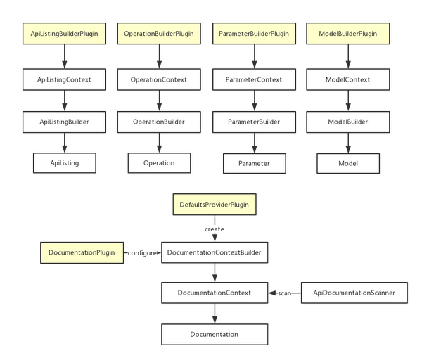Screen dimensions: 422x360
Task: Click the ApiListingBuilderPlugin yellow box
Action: point(64,34)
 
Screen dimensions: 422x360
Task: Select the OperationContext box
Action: point(159,79)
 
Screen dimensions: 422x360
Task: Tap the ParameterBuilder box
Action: point(255,122)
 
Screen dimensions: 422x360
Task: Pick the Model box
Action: point(348,163)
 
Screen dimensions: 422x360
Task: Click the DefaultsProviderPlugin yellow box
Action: point(215,205)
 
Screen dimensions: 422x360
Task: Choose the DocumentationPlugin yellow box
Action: point(82,252)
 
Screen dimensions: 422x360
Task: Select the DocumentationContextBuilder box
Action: point(215,252)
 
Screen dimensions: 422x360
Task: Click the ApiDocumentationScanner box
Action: point(354,292)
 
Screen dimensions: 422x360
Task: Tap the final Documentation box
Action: point(215,335)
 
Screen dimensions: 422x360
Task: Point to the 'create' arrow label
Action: point(215,229)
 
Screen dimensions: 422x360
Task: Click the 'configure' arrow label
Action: point(142,253)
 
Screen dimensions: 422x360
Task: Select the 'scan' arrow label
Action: point(284,293)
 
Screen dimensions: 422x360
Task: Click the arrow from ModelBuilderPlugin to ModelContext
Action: point(348,56)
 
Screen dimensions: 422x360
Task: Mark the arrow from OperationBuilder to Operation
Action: point(159,143)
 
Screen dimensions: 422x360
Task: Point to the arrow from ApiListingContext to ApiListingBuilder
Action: point(64,101)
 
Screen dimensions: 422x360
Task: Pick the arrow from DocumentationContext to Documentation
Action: point(215,314)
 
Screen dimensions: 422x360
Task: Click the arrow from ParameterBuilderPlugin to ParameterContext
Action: point(255,56)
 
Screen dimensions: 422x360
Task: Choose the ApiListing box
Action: point(65,163)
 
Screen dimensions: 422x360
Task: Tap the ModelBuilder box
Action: point(348,122)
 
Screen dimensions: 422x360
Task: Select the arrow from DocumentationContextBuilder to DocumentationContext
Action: point(215,273)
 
